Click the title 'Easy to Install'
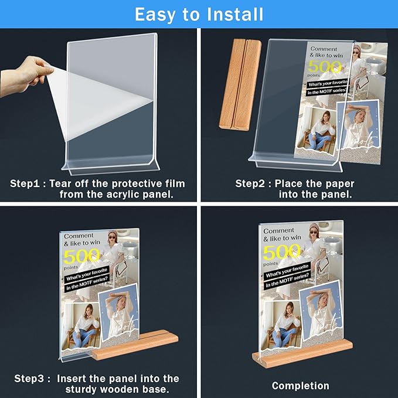199,13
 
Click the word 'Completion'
300,385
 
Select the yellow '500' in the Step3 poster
81,256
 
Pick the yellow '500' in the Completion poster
281,252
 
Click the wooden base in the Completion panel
302,353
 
